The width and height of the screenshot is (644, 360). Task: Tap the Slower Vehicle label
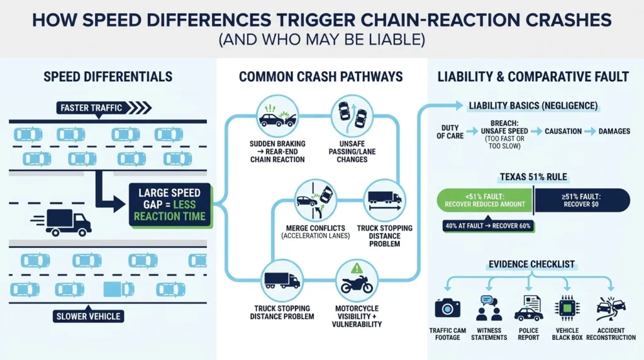click(88, 316)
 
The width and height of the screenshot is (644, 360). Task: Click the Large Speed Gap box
click(170, 205)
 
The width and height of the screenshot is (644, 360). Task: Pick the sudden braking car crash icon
click(277, 116)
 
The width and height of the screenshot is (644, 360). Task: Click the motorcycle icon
click(357, 284)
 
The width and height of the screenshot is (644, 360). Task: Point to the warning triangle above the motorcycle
click(357, 268)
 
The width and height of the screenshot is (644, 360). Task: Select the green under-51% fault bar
click(485, 200)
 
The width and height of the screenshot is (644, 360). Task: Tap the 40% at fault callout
click(488, 225)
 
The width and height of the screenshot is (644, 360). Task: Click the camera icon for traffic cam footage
click(447, 308)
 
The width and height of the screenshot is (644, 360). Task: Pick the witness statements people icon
click(489, 308)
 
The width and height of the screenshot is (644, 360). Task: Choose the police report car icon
click(528, 308)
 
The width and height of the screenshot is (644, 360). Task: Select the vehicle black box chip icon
click(567, 308)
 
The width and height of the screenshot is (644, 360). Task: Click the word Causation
click(563, 132)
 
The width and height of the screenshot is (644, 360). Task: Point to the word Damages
click(614, 132)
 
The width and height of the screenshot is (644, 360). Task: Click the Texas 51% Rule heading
click(533, 177)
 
